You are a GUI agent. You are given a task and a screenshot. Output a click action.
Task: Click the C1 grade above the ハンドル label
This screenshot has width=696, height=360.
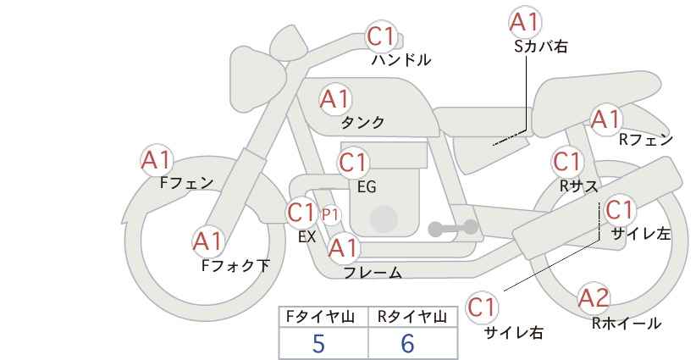(x=381, y=36)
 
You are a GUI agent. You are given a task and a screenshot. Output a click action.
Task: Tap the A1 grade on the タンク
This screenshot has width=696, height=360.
(x=335, y=99)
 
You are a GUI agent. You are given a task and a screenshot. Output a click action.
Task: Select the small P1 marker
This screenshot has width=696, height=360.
(x=330, y=215)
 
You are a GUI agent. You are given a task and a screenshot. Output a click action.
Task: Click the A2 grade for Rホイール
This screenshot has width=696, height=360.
(x=594, y=298)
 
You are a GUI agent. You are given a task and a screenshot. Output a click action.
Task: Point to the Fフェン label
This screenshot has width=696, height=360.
(x=186, y=183)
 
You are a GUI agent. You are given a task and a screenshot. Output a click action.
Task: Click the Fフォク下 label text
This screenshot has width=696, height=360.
(x=235, y=265)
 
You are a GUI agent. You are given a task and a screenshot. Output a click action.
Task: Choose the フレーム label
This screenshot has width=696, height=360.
(x=373, y=273)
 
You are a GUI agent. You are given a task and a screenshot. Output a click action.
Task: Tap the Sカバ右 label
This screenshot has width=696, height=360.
(x=541, y=47)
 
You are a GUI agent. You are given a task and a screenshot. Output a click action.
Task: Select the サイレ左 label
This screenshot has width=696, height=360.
(x=641, y=234)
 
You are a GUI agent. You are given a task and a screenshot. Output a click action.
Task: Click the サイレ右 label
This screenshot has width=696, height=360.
(x=514, y=333)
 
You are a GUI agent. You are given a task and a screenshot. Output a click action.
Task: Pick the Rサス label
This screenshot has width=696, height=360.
(x=579, y=186)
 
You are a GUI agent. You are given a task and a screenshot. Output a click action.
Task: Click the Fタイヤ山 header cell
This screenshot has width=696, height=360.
(x=323, y=317)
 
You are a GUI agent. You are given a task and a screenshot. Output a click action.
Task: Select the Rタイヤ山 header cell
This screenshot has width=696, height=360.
(x=412, y=317)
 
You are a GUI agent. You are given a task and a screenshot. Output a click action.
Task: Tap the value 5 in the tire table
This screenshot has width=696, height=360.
(x=318, y=343)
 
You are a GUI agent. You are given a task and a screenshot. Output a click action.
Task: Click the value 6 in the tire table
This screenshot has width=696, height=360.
(x=407, y=343)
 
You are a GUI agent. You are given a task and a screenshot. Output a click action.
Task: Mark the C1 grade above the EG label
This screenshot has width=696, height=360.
(x=353, y=163)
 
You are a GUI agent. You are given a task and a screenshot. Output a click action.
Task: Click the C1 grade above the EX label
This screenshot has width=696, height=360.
(x=301, y=212)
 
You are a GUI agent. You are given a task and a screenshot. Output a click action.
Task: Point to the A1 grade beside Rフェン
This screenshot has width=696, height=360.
(x=606, y=119)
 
